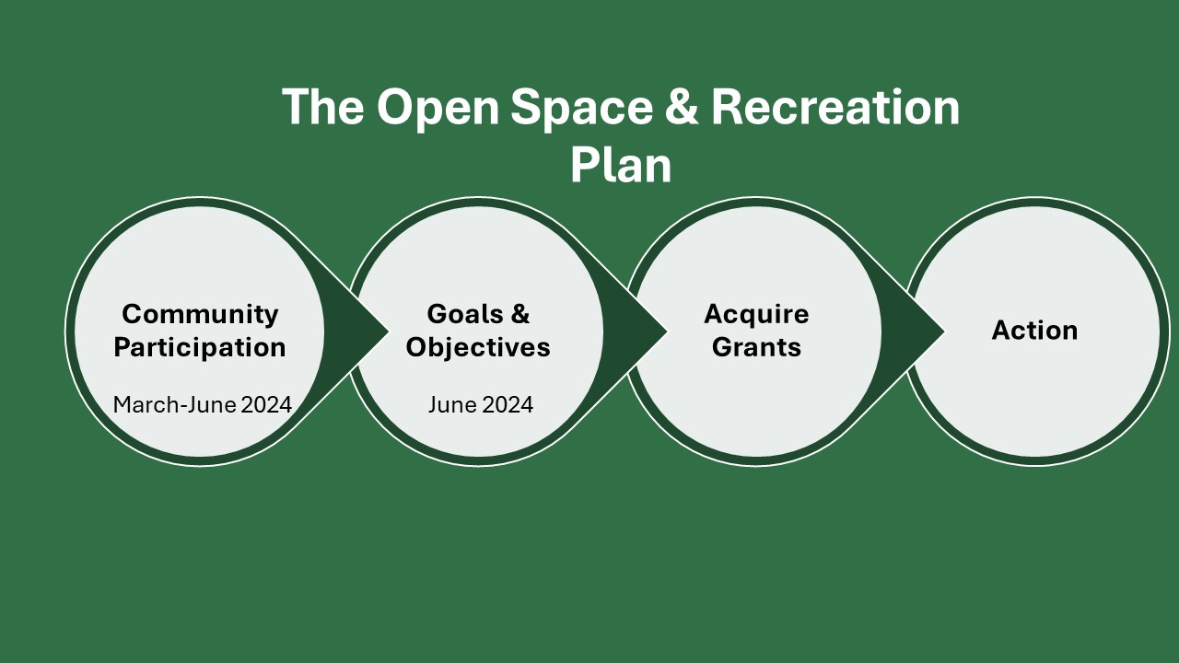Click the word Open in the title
point(438,109)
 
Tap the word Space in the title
point(581,109)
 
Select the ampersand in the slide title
point(682,106)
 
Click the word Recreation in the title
point(835,106)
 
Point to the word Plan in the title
point(621,167)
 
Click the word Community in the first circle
point(200,315)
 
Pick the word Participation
point(200,348)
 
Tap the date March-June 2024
point(203,404)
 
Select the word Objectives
point(478,348)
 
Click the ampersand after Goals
point(520,314)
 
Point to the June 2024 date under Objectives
point(481,404)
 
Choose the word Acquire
point(756,315)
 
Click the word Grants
point(756,347)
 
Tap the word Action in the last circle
point(1034,331)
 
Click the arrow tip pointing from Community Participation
point(388,331)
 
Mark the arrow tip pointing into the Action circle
point(944,331)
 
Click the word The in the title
point(323,106)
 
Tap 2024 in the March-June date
point(266,404)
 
